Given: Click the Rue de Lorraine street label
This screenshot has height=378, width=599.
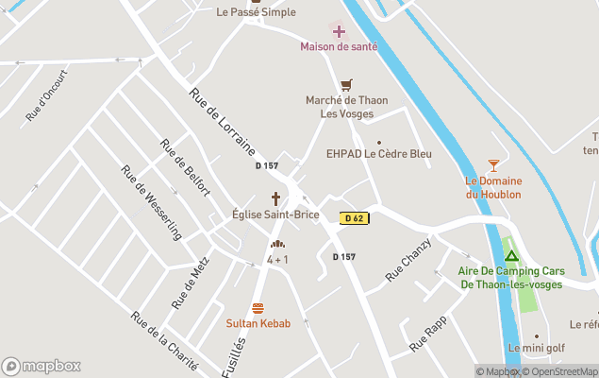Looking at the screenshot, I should pyautogui.click(x=222, y=122).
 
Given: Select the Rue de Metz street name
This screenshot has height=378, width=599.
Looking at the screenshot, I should pyautogui.click(x=191, y=282).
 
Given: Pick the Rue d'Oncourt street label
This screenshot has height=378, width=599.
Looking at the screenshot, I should pyautogui.click(x=48, y=94).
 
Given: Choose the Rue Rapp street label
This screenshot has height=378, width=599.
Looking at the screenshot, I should pyautogui.click(x=427, y=335).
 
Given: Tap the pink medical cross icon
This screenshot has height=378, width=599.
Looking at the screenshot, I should pyautogui.click(x=339, y=31).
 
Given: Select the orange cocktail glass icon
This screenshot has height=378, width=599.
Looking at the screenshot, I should pyautogui.click(x=493, y=165).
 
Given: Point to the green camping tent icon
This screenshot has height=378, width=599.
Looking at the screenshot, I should pyautogui.click(x=510, y=255).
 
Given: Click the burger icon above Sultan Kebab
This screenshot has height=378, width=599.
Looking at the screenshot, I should pyautogui.click(x=258, y=308).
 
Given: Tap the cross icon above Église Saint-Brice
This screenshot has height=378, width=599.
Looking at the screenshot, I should pyautogui.click(x=276, y=198).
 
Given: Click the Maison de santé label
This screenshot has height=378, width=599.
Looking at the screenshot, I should pyautogui.click(x=339, y=46).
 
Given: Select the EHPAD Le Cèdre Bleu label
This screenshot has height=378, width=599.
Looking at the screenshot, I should pyautogui.click(x=379, y=154).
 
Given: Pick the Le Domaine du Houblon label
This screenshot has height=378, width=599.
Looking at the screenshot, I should pyautogui.click(x=493, y=187).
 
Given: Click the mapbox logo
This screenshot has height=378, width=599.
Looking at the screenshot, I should pyautogui.click(x=42, y=366).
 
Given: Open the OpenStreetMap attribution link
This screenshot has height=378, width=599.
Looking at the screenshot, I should pyautogui.click(x=562, y=371).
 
